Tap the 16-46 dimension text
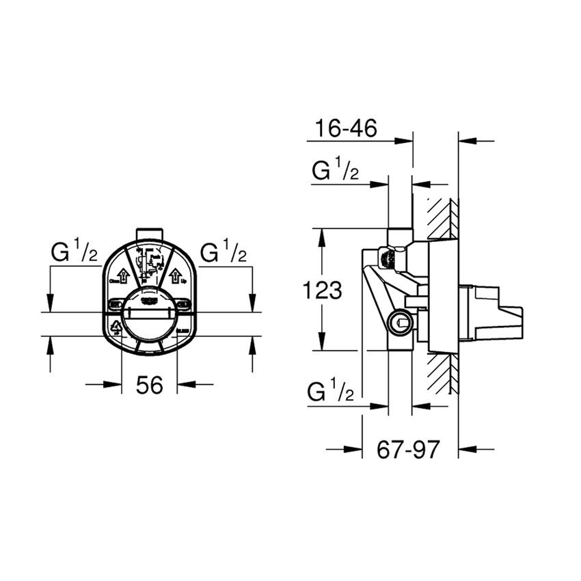347,129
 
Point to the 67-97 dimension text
408,450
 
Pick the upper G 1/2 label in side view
336,171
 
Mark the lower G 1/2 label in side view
331,392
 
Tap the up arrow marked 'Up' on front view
175,276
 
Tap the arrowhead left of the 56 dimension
113,384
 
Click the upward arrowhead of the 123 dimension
321,236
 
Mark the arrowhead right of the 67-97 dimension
467,449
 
